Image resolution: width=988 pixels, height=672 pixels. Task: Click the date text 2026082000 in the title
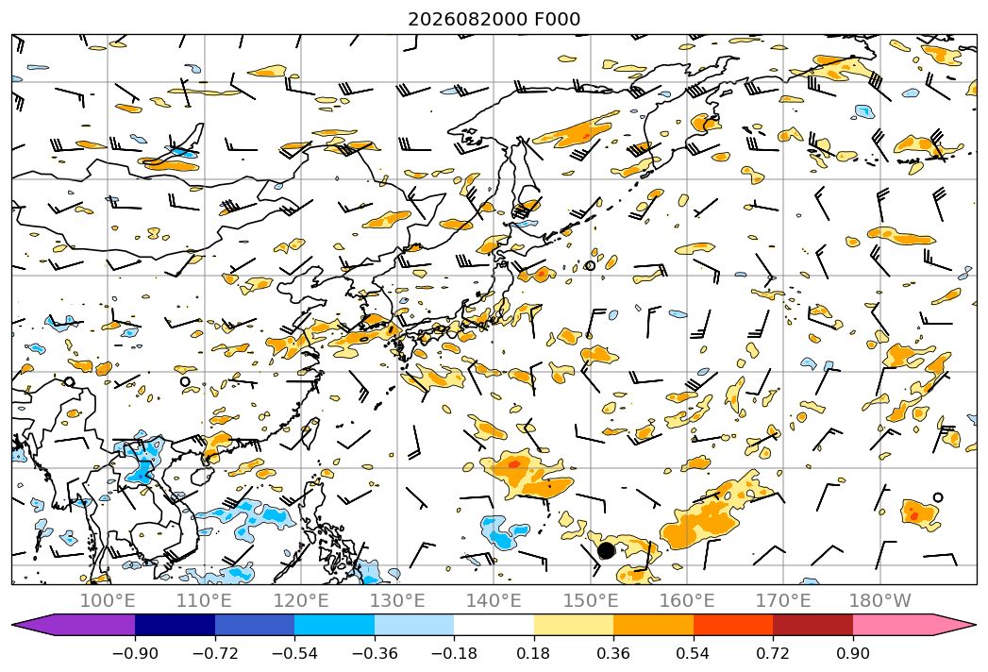pos(467,20)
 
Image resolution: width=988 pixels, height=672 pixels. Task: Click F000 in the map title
pos(558,20)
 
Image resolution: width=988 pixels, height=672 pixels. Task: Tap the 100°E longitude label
pos(108,600)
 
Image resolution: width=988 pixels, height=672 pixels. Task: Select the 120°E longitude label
pos(301,600)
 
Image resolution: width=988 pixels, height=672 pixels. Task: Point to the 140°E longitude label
pos(494,600)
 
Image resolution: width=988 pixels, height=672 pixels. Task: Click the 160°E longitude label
pos(687,600)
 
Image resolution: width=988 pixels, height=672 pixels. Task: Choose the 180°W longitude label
pos(879,600)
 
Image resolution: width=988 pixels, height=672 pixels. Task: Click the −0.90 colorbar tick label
pos(135,653)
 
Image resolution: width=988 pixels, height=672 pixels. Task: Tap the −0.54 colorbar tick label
pos(294,653)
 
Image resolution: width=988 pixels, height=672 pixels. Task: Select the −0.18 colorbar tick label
pos(454,653)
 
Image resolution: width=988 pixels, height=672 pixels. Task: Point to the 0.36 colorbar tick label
pos(613,653)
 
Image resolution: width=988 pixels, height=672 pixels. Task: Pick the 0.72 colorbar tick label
pos(773,653)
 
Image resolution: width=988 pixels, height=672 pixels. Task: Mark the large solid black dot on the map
pos(606,550)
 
